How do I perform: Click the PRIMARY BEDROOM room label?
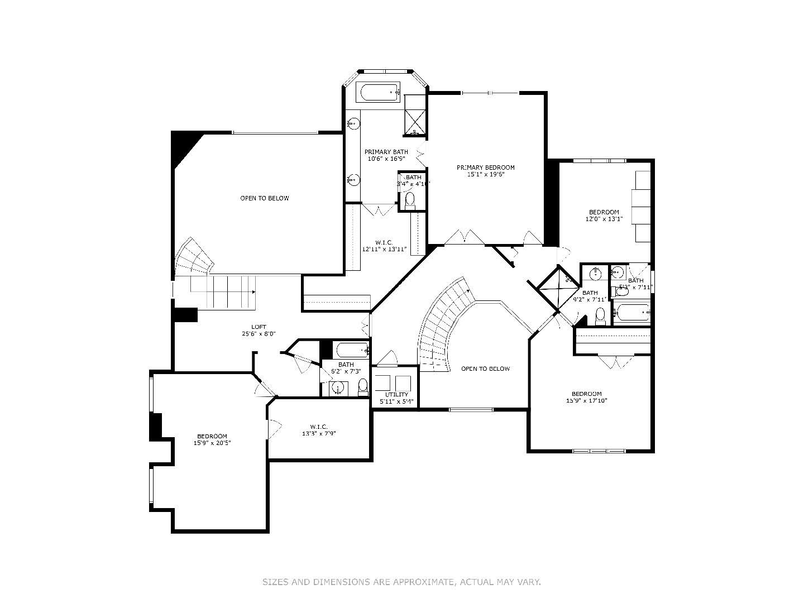(x=485, y=167)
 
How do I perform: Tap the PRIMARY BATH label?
(x=386, y=152)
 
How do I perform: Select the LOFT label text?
(x=259, y=327)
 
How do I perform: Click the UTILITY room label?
(x=396, y=395)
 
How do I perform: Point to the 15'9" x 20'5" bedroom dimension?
(x=212, y=443)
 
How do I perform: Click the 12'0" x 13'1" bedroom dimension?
(x=604, y=219)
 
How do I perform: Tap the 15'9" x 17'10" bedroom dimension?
(x=586, y=400)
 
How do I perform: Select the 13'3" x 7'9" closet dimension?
(x=319, y=433)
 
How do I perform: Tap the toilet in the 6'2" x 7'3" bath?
(x=363, y=386)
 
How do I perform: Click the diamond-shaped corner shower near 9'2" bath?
(x=559, y=288)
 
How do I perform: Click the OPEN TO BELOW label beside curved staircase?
(x=485, y=368)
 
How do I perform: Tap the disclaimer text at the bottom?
(x=401, y=582)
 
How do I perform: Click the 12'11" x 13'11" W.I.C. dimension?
(x=384, y=249)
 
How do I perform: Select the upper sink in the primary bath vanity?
(x=353, y=123)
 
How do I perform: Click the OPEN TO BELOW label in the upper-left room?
(x=265, y=198)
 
